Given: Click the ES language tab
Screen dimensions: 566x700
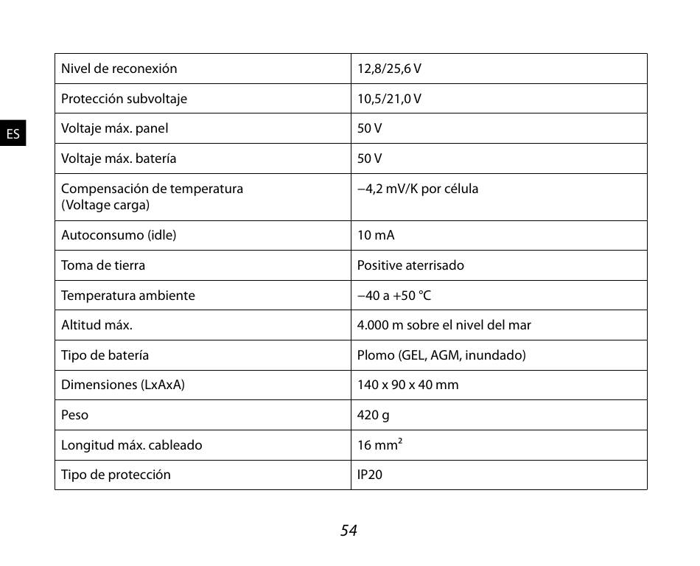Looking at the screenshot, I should (x=13, y=133).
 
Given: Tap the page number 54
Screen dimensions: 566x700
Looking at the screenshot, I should (x=349, y=530).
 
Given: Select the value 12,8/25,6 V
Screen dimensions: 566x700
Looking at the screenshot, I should (x=389, y=69).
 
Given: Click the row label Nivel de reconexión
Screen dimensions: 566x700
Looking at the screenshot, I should (x=119, y=69).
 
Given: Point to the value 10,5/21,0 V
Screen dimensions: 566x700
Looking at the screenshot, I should (x=389, y=99).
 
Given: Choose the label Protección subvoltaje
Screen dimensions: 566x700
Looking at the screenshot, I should (x=124, y=99).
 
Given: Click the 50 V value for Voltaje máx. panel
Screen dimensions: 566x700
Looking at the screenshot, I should (x=369, y=128).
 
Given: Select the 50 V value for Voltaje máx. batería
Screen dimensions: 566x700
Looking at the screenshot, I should (x=369, y=158).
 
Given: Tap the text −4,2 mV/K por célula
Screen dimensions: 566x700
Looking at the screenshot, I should (x=418, y=189).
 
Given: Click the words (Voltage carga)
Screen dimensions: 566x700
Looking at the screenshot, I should (x=105, y=205).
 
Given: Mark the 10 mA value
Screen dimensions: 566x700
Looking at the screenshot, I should (x=376, y=235).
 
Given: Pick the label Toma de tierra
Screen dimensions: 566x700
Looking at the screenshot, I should (x=103, y=265).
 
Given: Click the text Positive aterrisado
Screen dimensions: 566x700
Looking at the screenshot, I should (x=410, y=265).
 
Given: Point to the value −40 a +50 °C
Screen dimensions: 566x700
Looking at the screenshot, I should (x=394, y=296).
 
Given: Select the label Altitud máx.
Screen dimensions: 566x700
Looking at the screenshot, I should (x=97, y=325).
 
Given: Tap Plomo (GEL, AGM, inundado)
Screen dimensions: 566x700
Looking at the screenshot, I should (x=441, y=355).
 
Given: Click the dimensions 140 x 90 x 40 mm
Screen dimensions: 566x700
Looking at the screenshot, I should (x=407, y=385).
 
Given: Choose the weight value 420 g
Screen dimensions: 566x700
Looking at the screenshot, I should (x=374, y=415).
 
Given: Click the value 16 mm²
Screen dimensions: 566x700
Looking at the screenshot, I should (x=379, y=445).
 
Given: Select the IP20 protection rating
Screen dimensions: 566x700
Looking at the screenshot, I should (x=370, y=475).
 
